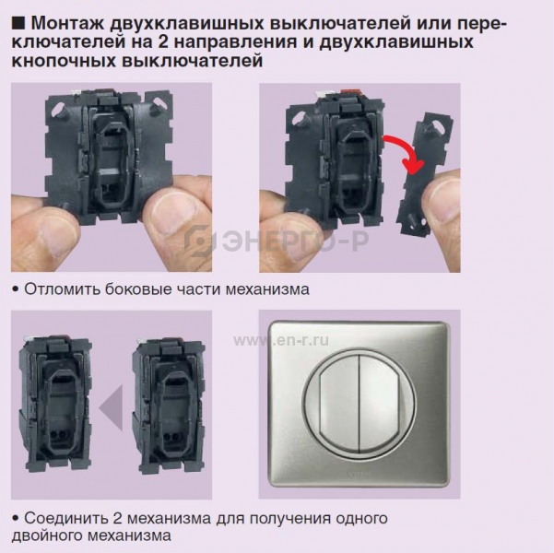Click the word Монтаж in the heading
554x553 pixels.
(68, 23)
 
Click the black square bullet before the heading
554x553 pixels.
(18, 23)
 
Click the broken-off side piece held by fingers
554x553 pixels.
(425, 173)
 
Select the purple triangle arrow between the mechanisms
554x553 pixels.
(111, 407)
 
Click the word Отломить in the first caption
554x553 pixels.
(62, 289)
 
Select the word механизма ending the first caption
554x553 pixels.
(267, 289)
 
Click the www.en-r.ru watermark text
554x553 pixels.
(281, 340)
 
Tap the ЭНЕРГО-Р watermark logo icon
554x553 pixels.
(200, 241)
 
